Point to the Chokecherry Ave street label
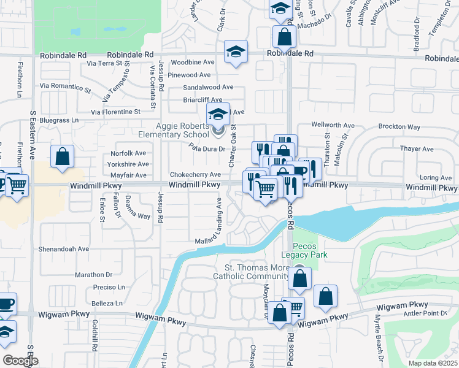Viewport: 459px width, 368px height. click(x=195, y=174)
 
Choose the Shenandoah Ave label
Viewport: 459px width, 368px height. click(x=64, y=249)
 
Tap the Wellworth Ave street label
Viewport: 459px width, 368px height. click(x=333, y=125)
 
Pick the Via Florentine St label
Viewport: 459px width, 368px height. click(x=116, y=112)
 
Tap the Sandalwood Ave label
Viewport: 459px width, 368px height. click(x=208, y=88)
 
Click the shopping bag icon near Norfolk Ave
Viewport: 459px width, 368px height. click(x=63, y=156)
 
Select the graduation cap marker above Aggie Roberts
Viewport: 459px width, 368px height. click(x=218, y=113)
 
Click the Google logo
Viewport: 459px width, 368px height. click(x=21, y=361)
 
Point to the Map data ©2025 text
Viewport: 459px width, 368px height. click(x=433, y=363)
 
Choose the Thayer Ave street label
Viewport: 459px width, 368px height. click(x=417, y=149)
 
